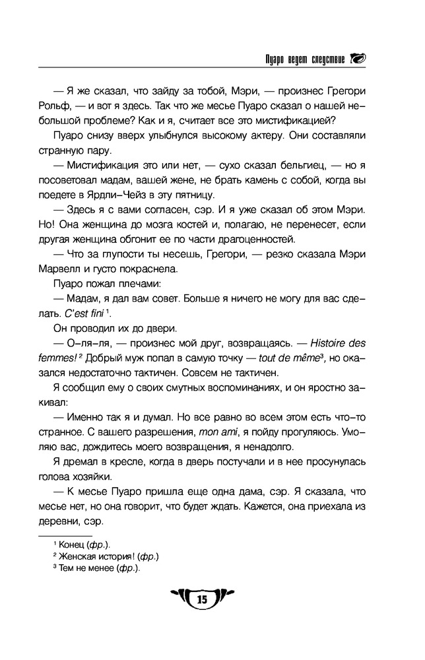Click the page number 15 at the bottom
click(x=202, y=599)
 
